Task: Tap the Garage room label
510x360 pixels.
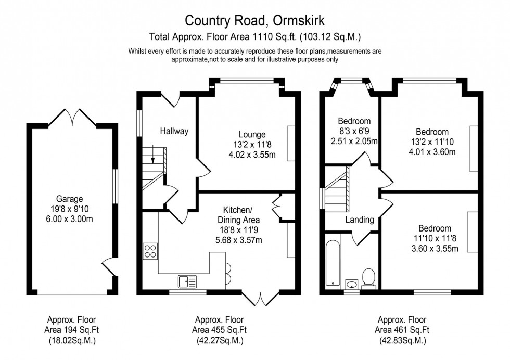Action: click(x=70, y=199)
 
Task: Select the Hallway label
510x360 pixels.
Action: click(x=174, y=131)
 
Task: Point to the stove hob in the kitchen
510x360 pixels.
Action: click(x=150, y=251)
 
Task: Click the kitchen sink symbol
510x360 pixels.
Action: click(x=187, y=281)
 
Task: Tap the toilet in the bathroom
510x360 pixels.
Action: click(x=369, y=277)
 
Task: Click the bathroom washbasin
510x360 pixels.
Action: click(x=352, y=284)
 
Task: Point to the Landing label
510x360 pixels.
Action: click(x=360, y=220)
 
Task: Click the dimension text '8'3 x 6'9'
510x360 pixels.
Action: click(x=354, y=131)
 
